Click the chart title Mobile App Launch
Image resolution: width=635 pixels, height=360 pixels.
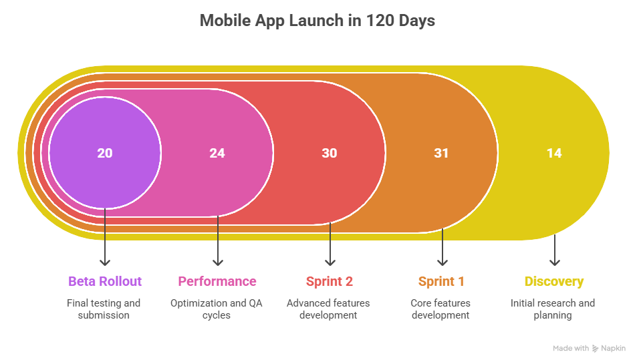point(317,21)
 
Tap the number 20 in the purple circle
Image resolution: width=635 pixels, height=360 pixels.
point(105,153)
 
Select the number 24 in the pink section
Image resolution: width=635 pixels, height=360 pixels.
point(217,153)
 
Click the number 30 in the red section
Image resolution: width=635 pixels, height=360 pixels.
point(330,153)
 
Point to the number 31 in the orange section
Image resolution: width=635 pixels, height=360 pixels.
point(442,153)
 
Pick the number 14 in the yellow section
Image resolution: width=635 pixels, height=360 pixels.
point(554,153)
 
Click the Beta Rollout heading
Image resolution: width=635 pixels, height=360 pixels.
point(105,281)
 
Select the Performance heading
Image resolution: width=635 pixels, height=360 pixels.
point(217,281)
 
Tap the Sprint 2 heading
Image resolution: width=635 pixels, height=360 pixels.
point(330,281)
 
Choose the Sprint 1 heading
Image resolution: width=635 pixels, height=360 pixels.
point(442,281)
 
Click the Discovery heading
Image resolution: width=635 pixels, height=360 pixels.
point(554,281)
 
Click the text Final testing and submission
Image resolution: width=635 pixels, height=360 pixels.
point(104,309)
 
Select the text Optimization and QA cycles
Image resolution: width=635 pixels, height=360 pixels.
point(217,309)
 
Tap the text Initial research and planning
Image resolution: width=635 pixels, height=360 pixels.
point(553,309)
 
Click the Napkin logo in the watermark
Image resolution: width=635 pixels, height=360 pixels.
point(596,349)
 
